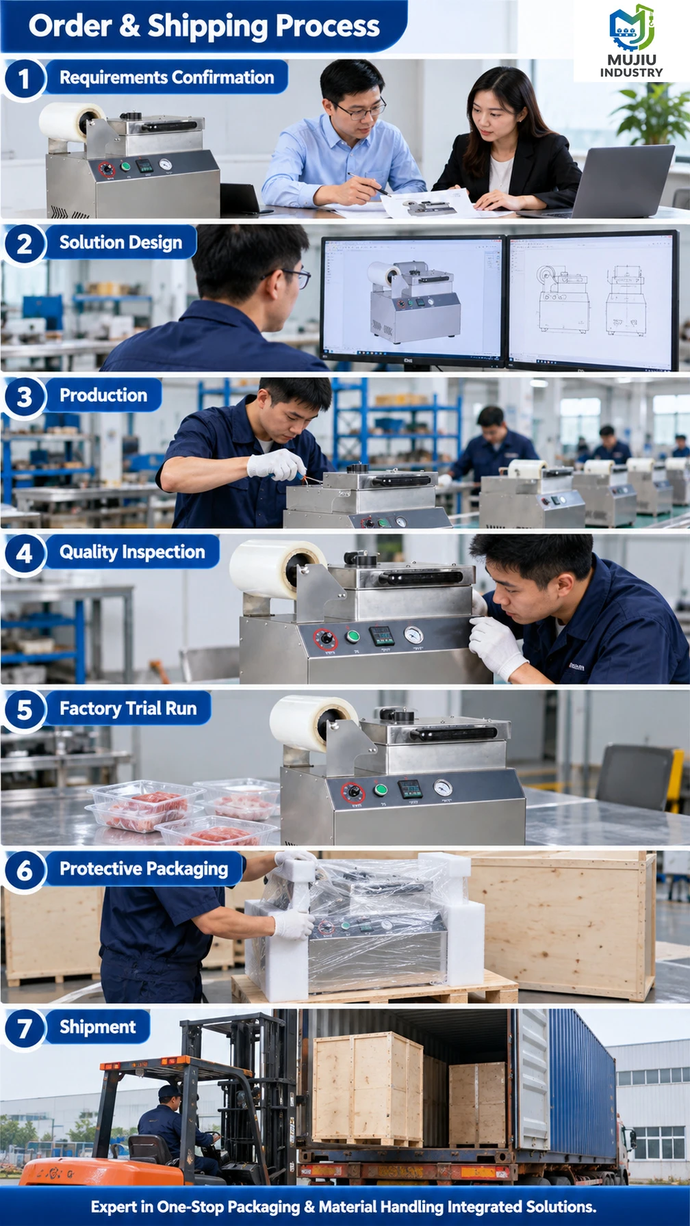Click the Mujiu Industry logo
[631, 41]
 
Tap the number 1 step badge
[24, 78]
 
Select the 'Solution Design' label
[120, 243]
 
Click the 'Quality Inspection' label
[132, 552]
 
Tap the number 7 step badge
[24, 1028]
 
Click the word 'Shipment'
[98, 1027]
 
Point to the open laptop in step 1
[619, 181]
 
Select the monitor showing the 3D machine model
[413, 299]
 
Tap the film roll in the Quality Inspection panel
[277, 567]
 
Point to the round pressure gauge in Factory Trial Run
[443, 788]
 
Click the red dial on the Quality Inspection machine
[326, 639]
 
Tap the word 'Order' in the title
[70, 26]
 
